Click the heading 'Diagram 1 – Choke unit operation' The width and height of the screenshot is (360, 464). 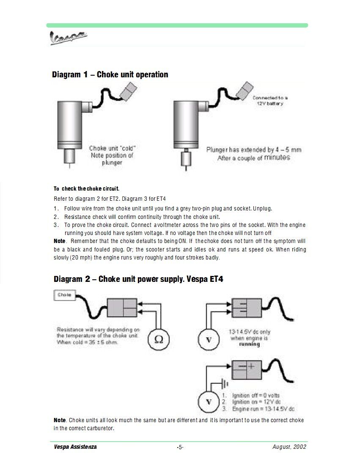click(x=110, y=75)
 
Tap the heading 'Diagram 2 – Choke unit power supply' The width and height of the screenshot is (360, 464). click(x=138, y=279)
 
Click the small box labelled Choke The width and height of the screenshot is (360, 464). click(x=64, y=295)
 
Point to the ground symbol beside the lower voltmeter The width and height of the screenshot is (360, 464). click(x=225, y=384)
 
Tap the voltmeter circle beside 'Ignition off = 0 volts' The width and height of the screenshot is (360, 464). click(x=209, y=400)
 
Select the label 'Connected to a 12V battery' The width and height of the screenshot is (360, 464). click(x=270, y=101)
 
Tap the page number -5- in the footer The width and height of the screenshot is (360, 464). click(x=180, y=447)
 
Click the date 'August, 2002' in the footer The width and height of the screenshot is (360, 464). click(x=289, y=447)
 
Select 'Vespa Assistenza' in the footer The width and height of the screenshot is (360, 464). click(x=75, y=447)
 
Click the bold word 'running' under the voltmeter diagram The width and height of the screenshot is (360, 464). click(x=250, y=344)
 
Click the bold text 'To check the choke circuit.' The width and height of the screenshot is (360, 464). click(x=86, y=188)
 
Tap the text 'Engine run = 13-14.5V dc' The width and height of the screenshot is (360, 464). click(x=263, y=409)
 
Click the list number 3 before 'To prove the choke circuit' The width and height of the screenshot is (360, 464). click(x=56, y=225)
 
